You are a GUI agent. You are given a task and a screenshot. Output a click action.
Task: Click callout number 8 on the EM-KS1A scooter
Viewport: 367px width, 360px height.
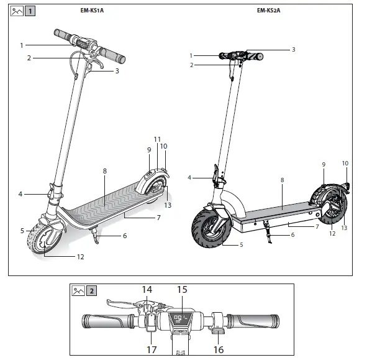tap(105, 171)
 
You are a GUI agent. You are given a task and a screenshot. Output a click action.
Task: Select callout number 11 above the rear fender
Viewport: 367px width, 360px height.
tap(157, 139)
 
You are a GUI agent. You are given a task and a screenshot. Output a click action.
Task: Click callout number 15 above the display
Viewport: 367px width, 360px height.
tap(182, 289)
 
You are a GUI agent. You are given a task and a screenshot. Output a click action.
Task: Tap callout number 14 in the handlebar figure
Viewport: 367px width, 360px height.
tap(147, 289)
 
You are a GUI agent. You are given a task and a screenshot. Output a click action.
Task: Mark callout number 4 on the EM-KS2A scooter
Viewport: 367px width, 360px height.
tap(190, 178)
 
